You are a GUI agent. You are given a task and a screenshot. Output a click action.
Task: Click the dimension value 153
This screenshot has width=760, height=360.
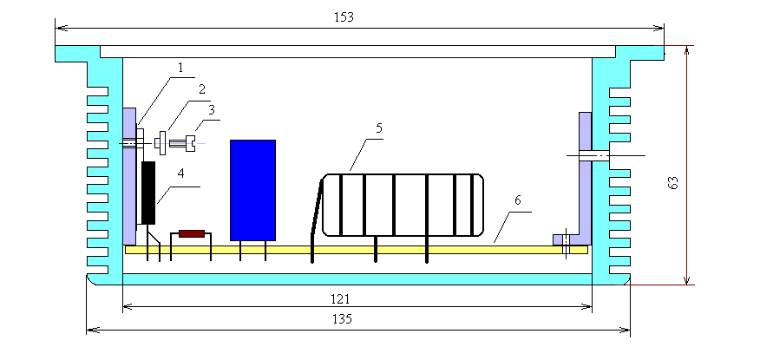344,17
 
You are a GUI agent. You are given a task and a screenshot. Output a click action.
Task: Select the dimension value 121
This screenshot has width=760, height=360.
340,299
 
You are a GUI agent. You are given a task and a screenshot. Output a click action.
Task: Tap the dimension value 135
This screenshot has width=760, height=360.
342,319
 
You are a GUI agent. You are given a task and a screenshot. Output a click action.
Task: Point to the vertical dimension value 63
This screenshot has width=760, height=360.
672,183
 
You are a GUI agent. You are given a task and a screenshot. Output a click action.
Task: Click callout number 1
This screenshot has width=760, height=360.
180,68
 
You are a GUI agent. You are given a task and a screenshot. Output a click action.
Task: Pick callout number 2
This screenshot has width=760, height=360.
201,89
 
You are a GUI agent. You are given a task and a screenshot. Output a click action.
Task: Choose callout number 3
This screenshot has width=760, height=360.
212,109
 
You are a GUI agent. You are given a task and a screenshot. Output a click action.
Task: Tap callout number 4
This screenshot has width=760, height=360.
180,174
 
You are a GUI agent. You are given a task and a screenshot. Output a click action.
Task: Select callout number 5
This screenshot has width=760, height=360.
378,128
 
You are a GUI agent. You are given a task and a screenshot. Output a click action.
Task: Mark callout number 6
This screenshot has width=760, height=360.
518,200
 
